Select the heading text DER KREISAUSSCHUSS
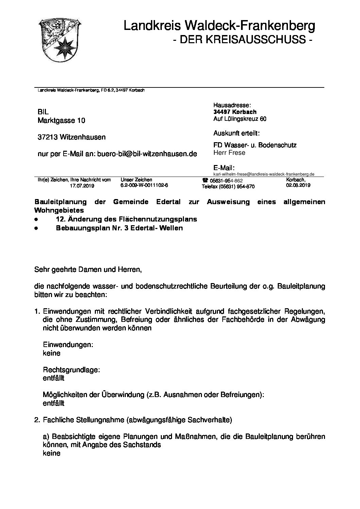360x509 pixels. tap(242, 40)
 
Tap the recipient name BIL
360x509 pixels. tap(43, 112)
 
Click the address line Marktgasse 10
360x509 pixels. tap(61, 120)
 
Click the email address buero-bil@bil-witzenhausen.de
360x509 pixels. tap(147, 154)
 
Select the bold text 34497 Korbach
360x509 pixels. tap(235, 112)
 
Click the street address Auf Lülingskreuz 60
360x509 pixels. tap(240, 119)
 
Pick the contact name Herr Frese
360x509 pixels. tap(229, 153)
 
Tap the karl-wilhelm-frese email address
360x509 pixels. tap(264, 174)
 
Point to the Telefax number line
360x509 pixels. tap(228, 186)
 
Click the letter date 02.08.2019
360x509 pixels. tap(298, 185)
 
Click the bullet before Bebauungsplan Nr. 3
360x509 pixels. tap(36, 228)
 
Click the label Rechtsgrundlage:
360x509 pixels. tap(71, 370)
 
